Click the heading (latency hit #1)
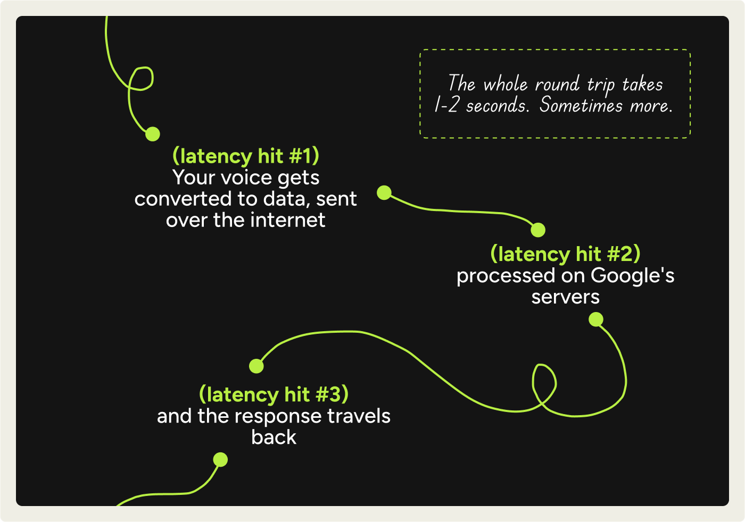[x=245, y=156]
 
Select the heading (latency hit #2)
[x=565, y=254]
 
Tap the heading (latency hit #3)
[x=274, y=394]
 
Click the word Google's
[x=632, y=276]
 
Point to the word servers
[x=565, y=297]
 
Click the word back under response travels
[x=274, y=437]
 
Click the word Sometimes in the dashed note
[x=581, y=105]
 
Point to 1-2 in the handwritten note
[x=446, y=105]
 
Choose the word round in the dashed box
[x=557, y=84]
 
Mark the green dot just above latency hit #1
[x=153, y=134]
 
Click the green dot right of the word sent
[x=384, y=192]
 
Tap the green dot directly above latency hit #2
[x=538, y=230]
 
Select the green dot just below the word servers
[x=596, y=319]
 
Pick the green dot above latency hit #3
[x=256, y=366]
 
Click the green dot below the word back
[x=220, y=459]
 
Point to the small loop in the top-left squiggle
[x=141, y=79]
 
